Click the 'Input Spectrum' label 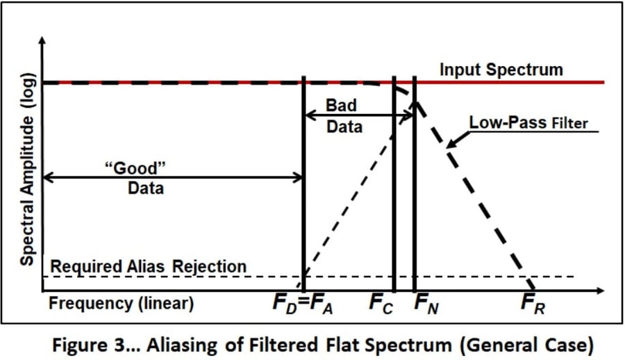tap(501, 69)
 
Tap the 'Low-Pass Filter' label tap(528, 123)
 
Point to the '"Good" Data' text tap(145, 177)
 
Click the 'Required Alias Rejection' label tap(149, 266)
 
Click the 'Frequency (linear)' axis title tap(122, 304)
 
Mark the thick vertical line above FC tap(394, 208)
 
